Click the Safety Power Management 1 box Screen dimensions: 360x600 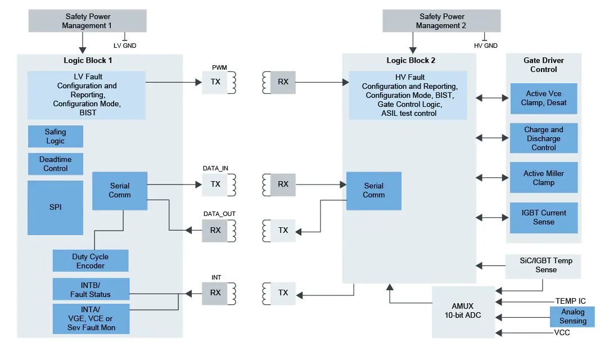[87, 21]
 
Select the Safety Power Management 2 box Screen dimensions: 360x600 [441, 21]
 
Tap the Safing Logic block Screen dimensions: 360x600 [55, 137]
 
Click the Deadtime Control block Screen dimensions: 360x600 [55, 164]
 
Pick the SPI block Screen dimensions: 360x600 [55, 207]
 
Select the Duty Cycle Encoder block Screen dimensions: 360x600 [91, 261]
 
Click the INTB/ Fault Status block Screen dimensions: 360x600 [91, 289]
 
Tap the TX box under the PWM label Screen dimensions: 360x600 [215, 82]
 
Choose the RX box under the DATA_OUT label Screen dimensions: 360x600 [215, 231]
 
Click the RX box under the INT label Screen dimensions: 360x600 [215, 292]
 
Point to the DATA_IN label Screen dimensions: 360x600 [215, 168]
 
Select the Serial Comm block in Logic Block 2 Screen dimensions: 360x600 [373, 191]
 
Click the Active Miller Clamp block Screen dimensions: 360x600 [543, 178]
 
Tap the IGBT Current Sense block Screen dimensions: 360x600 [543, 218]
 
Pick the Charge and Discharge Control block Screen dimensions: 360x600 [543, 138]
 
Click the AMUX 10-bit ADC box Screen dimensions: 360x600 [463, 311]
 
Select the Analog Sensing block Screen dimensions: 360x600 [572, 317]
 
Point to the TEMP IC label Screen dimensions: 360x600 [570, 301]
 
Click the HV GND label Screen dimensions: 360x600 [486, 46]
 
